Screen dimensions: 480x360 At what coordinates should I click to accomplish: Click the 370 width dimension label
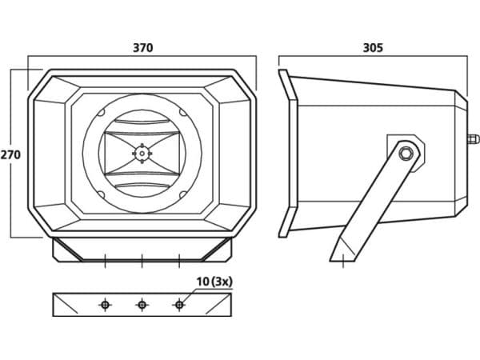(142, 48)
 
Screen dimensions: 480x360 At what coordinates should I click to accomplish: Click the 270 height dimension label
(10, 154)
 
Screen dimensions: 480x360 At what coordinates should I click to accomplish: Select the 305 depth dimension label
(373, 48)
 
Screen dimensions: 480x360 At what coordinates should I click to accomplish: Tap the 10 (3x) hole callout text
(214, 282)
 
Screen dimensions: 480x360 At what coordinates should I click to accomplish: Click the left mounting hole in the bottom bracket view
(105, 305)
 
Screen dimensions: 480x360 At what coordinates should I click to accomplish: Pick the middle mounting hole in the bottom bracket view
(142, 305)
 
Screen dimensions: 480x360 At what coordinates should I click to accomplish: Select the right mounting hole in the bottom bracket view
(179, 305)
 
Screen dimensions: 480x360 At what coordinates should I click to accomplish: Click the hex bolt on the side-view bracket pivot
(406, 153)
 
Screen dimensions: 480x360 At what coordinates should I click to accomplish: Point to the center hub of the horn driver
(142, 153)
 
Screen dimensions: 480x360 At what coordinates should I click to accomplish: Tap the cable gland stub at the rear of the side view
(473, 139)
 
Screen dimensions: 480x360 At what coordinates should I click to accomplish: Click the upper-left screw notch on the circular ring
(101, 113)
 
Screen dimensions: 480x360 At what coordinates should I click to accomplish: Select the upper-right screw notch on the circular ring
(182, 112)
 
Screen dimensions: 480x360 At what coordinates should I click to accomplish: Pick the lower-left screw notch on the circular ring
(101, 194)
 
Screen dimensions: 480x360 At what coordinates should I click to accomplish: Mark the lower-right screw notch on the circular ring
(182, 194)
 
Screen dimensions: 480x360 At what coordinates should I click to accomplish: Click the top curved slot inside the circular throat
(142, 122)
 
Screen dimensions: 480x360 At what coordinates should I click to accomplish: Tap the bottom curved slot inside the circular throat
(142, 185)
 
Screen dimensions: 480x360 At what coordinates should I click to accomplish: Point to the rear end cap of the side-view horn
(461, 154)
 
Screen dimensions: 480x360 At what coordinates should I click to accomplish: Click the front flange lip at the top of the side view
(288, 85)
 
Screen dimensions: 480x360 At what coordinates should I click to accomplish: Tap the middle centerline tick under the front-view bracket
(142, 261)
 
